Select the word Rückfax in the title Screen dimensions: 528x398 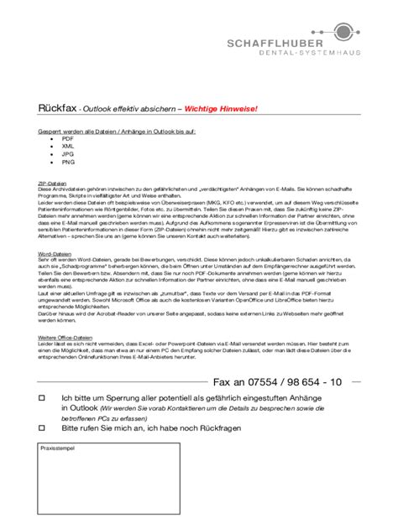pos(55,109)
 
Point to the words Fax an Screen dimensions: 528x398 pos(229,381)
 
